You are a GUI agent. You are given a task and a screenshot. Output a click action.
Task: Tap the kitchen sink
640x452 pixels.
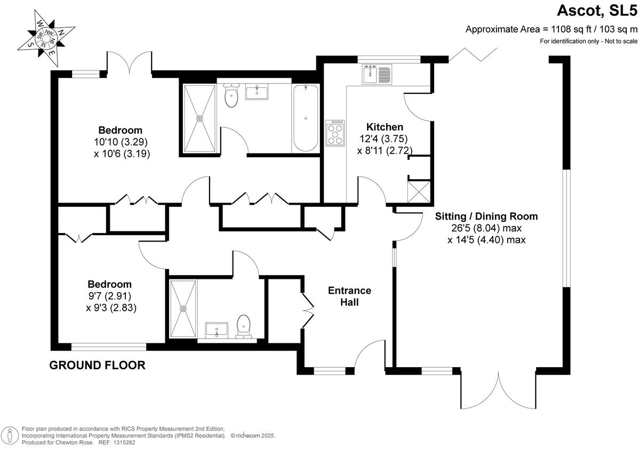[377, 74]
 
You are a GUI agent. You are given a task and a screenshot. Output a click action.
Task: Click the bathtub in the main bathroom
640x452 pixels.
[306, 118]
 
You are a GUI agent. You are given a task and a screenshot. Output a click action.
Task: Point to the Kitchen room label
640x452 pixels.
[384, 127]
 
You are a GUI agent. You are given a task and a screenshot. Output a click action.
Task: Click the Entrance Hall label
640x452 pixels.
[349, 296]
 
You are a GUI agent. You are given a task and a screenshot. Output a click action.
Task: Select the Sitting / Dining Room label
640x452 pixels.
[486, 216]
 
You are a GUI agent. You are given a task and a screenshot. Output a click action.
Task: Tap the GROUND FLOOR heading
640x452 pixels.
[97, 365]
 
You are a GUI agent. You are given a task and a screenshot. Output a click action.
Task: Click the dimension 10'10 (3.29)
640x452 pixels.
[120, 142]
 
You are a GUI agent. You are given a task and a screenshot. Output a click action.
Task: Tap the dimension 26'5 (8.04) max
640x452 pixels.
[486, 228]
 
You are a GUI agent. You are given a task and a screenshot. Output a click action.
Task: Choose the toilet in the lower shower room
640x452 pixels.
[244, 326]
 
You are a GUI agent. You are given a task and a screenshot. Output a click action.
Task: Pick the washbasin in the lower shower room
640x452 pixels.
[217, 329]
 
